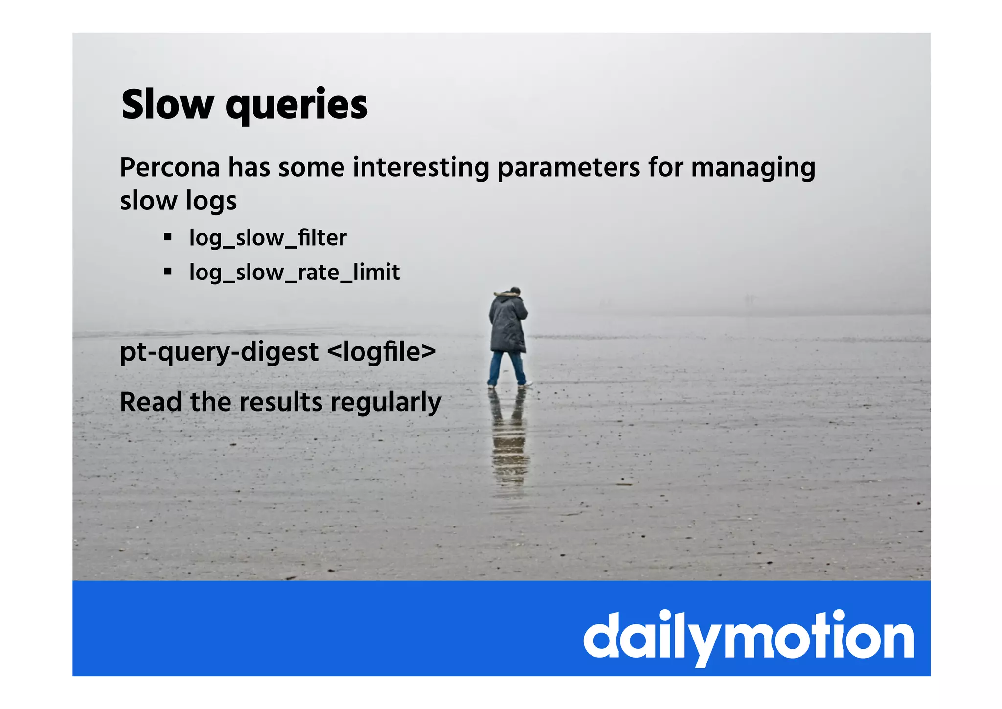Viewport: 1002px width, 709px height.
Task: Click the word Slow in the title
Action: click(x=167, y=105)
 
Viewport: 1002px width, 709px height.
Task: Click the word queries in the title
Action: click(x=296, y=106)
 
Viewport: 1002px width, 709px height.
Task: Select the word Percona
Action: click(x=170, y=168)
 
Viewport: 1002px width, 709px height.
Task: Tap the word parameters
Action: click(x=569, y=168)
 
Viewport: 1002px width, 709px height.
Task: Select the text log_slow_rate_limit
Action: click(x=295, y=273)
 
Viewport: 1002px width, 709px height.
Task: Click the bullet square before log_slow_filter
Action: click(x=168, y=238)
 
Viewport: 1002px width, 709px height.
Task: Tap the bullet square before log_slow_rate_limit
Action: click(x=168, y=272)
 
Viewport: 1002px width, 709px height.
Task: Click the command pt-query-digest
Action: click(x=219, y=352)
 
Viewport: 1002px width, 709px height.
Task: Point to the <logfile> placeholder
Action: click(x=381, y=352)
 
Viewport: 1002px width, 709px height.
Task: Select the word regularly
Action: click(x=386, y=403)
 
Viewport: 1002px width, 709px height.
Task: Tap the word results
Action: click(x=281, y=402)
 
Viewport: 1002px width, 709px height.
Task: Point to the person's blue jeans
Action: click(x=506, y=367)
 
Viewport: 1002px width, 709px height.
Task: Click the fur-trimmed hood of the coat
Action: click(x=507, y=295)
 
